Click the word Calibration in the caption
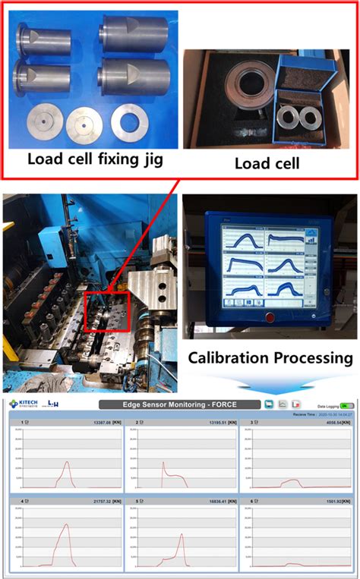[228, 357]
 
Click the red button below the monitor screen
[267, 316]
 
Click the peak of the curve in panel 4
[67, 524]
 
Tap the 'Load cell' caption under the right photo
[267, 163]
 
